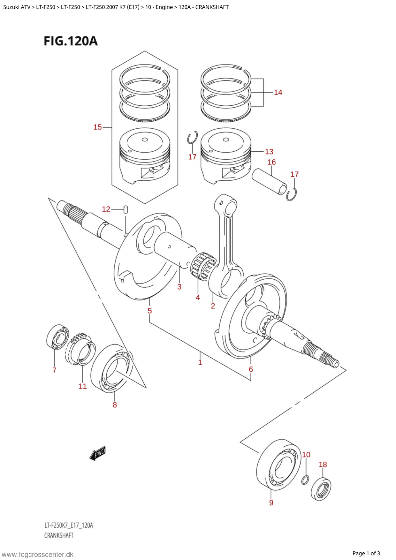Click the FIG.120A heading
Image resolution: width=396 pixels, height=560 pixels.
tap(71, 41)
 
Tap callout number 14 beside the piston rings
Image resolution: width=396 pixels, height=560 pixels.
tap(278, 92)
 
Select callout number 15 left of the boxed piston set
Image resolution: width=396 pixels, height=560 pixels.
tap(97, 127)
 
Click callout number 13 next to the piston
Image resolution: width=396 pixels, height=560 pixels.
tap(269, 152)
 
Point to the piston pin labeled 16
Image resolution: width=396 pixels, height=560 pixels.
tap(269, 181)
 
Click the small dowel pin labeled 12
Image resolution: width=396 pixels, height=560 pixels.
tap(126, 209)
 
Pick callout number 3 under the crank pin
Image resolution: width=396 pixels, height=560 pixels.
tap(179, 287)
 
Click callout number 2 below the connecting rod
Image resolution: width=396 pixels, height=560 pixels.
tap(213, 306)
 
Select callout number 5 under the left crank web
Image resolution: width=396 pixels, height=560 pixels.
tap(150, 311)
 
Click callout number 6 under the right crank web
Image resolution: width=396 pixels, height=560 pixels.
tap(251, 369)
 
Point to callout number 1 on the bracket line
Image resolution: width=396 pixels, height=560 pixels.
tap(200, 362)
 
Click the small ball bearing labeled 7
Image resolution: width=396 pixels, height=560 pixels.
tap(58, 337)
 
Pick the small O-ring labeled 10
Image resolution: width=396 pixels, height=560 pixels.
tap(305, 480)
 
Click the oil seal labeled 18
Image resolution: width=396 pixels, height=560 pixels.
tap(321, 489)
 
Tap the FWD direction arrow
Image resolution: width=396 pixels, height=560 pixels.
tap(97, 453)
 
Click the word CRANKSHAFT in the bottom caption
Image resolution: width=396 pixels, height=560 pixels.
tap(59, 535)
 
